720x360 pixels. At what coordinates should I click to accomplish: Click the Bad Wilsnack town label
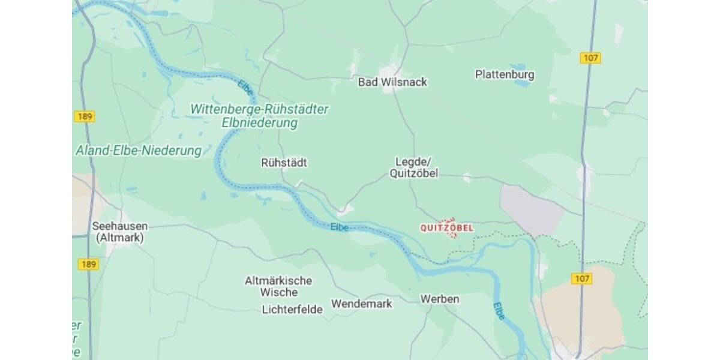[392, 82]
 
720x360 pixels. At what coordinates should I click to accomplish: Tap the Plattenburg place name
[504, 75]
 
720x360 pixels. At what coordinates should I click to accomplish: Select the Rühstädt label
[284, 163]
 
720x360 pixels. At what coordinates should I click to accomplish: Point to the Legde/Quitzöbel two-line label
[413, 167]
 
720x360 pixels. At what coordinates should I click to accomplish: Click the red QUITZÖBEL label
[446, 228]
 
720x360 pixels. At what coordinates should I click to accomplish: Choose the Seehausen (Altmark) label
[119, 232]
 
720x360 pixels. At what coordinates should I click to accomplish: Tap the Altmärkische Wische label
[278, 286]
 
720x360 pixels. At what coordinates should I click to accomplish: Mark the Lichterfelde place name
[292, 310]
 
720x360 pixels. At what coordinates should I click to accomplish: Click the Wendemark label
[361, 304]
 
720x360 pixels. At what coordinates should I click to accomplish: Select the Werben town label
[439, 299]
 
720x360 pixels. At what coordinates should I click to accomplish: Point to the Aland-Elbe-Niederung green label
[138, 151]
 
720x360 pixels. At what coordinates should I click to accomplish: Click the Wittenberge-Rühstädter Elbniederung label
[259, 116]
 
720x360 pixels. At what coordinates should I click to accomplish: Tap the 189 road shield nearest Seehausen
[88, 264]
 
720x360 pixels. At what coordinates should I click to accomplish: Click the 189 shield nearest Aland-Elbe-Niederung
[85, 116]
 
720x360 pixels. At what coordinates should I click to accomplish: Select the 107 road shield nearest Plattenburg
[590, 58]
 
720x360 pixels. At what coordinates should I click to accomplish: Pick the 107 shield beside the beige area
[581, 278]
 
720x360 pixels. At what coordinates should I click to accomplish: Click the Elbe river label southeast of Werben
[499, 311]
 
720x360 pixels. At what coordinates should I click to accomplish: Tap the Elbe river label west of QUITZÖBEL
[339, 227]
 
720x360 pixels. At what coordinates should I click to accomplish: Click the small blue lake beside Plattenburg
[521, 83]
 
